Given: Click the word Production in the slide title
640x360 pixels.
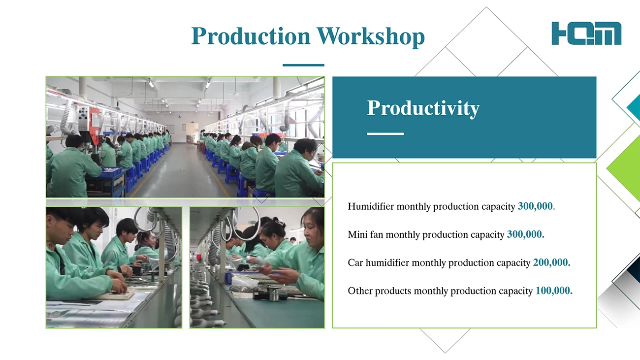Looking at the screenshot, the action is click(251, 36).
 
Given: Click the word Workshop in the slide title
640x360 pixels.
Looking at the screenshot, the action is click(371, 36).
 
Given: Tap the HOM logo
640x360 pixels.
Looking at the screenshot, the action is click(586, 33).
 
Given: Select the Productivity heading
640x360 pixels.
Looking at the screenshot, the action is click(423, 108).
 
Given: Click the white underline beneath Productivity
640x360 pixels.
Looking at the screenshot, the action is click(385, 133).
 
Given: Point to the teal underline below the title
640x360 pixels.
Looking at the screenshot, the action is click(303, 65).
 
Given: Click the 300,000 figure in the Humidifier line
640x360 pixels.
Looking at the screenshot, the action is click(535, 206).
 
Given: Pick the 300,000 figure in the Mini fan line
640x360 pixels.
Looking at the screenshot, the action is click(524, 234).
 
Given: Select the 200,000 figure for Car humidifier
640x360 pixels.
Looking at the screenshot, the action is click(550, 262).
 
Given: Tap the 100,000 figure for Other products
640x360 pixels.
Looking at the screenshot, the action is click(552, 291).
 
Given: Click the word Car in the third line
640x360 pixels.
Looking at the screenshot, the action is click(355, 262).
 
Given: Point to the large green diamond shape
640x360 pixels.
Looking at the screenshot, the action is click(624, 168).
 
